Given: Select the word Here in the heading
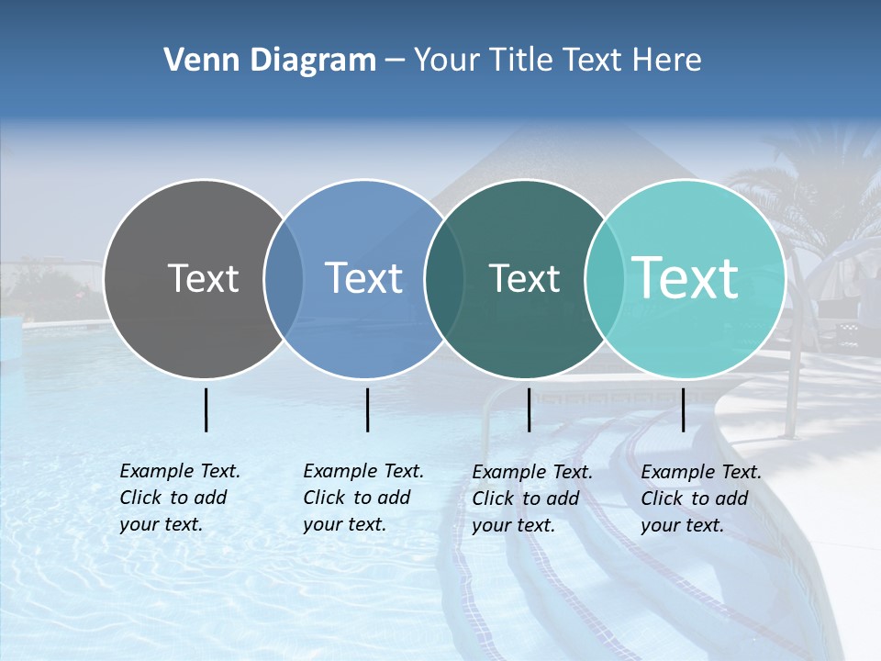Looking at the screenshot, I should click(667, 61).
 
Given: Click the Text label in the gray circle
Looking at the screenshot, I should click(203, 278).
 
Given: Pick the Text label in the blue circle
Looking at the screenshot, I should click(363, 278).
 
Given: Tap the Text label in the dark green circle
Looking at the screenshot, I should click(524, 278).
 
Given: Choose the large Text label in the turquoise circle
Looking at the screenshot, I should click(686, 278).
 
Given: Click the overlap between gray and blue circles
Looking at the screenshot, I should click(284, 279).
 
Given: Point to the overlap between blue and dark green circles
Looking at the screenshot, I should click(444, 279).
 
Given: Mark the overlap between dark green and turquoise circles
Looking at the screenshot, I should click(605, 279).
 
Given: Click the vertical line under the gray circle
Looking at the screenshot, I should click(206, 409).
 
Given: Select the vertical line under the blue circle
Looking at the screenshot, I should click(367, 409).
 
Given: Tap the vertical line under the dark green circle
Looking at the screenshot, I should click(530, 409).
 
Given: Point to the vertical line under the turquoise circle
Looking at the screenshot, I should click(683, 409).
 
